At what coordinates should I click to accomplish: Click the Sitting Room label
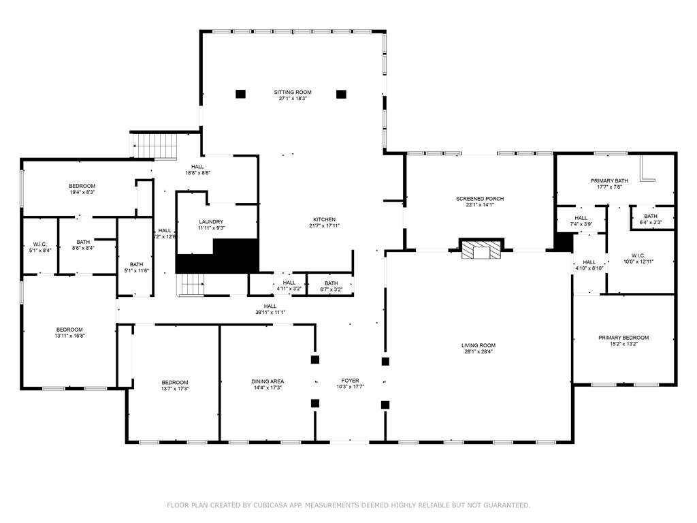point(293,92)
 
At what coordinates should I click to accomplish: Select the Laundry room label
point(211,221)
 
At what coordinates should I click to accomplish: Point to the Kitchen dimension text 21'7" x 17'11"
point(325,226)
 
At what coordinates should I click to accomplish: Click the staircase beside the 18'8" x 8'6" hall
point(155,146)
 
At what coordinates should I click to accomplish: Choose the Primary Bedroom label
point(623,338)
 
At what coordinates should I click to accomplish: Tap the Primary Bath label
point(609,180)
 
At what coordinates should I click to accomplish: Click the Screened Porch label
point(480,199)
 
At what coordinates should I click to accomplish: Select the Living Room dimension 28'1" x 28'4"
point(479,351)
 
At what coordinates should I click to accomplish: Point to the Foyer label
point(351,381)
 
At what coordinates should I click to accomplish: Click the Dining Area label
point(267,381)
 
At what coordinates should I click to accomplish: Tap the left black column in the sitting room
point(240,94)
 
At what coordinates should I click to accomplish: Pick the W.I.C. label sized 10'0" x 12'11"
point(638,256)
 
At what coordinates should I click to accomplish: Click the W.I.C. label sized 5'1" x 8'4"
point(40,244)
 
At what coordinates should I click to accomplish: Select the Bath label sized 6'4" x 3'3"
point(650,216)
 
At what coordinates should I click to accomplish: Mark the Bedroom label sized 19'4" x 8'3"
point(82,186)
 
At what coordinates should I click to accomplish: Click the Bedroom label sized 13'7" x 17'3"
point(175,383)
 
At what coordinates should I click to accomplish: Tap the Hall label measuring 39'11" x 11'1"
point(270,306)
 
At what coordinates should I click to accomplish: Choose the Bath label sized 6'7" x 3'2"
point(331,283)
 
